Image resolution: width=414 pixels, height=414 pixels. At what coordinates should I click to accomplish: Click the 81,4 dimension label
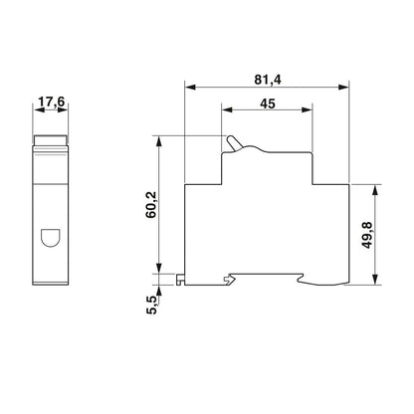tap(268, 80)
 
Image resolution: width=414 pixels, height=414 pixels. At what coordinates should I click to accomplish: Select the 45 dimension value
tap(268, 103)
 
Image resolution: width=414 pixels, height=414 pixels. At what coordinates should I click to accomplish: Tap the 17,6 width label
tap(51, 102)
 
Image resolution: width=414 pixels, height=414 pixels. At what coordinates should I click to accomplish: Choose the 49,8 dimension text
tap(367, 235)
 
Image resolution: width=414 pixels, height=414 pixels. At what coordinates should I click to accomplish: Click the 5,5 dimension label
tap(151, 306)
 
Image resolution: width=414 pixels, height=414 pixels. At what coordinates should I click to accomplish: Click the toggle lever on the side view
tap(233, 143)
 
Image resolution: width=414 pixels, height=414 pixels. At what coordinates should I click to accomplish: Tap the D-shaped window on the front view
tap(50, 238)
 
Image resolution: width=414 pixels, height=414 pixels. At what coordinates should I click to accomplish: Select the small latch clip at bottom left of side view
tap(180, 280)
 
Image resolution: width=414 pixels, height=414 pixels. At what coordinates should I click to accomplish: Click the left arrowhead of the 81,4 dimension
tap(191, 88)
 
